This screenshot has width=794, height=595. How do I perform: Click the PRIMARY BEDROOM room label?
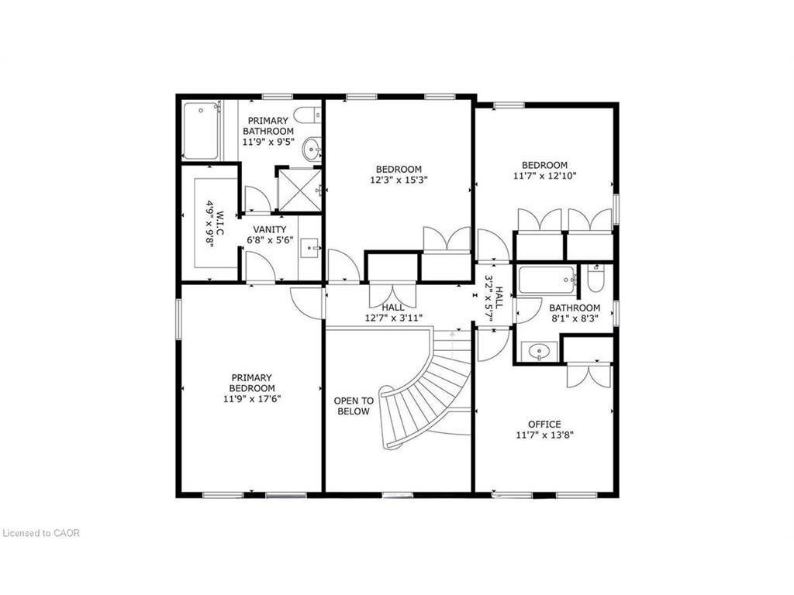coord(252,383)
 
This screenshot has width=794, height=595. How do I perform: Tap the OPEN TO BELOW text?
coord(354,406)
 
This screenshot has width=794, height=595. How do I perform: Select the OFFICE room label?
coord(544,425)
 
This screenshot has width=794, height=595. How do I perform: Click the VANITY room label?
coord(270,229)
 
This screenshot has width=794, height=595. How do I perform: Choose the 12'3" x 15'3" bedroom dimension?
coord(399,181)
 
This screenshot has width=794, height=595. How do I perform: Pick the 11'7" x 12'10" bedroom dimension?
coord(544,176)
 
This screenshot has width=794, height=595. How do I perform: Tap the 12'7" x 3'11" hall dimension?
coord(393,318)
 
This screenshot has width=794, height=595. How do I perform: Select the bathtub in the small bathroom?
coord(547,280)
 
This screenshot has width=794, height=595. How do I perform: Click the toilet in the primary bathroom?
coord(308,115)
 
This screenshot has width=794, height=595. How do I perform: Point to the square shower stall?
coord(299,189)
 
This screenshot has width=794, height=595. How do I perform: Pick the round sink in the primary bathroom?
coord(311,148)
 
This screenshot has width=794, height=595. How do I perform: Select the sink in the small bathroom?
coord(538,353)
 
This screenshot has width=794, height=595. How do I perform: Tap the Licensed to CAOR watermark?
coord(40,533)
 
